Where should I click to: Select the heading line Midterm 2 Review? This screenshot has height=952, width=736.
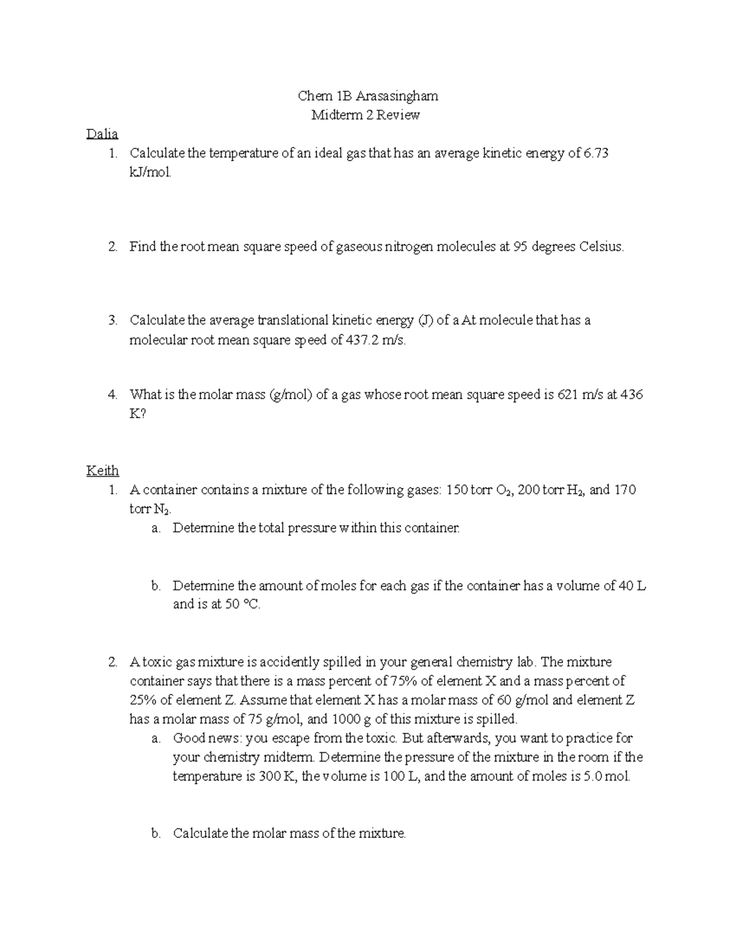pyautogui.click(x=366, y=115)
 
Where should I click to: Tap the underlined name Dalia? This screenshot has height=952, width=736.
pyautogui.click(x=102, y=134)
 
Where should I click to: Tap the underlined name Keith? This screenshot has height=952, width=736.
pyautogui.click(x=102, y=470)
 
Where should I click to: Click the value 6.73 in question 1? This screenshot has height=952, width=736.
pyautogui.click(x=596, y=153)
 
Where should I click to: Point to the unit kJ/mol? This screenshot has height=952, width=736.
pyautogui.click(x=151, y=172)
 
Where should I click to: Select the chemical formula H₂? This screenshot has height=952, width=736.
pyautogui.click(x=577, y=490)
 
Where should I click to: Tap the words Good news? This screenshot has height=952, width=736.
pyautogui.click(x=206, y=737)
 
